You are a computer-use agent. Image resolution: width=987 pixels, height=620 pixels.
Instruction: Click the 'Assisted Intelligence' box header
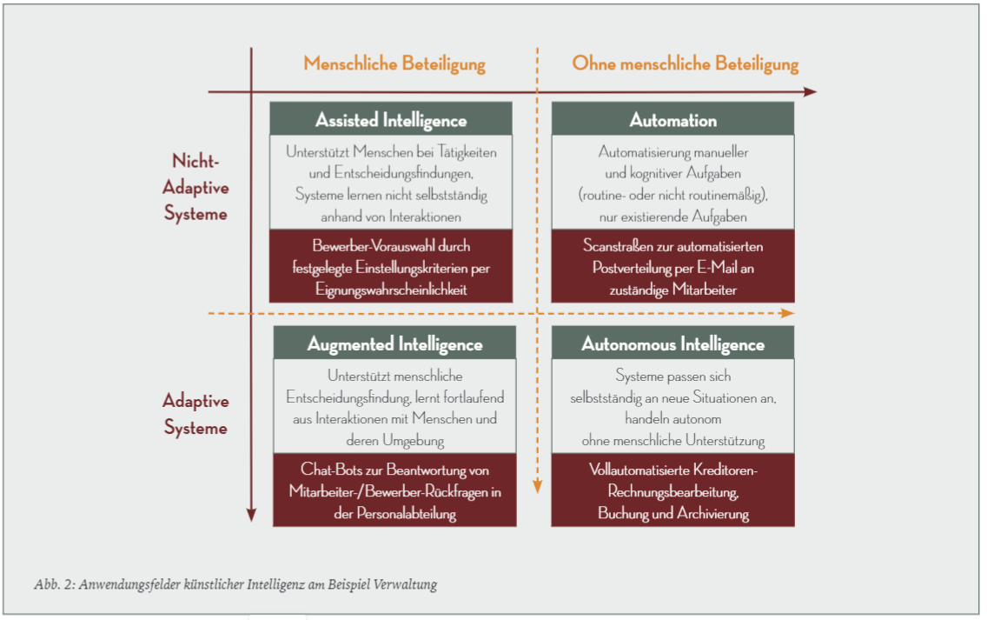[391, 119]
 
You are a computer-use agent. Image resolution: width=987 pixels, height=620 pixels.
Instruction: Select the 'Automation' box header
[672, 119]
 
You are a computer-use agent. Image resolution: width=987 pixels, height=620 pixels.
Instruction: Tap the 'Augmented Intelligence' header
[394, 343]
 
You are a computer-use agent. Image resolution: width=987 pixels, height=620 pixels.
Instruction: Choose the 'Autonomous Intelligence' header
[672, 343]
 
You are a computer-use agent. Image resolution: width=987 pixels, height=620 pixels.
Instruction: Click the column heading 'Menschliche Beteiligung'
[394, 63]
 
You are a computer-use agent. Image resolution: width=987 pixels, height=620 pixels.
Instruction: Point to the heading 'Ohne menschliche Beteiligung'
[685, 63]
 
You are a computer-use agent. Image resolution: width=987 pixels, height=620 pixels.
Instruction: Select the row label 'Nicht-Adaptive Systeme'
[195, 187]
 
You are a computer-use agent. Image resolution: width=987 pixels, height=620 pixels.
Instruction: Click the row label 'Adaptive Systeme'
[195, 414]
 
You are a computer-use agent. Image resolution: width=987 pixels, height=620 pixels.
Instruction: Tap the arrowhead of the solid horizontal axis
[811, 92]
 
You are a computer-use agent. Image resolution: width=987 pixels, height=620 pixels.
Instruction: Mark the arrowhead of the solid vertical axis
[251, 516]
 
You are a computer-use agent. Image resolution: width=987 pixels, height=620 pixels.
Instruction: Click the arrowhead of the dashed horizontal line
[787, 313]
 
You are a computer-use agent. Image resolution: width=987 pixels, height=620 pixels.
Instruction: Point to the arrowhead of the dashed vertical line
[538, 486]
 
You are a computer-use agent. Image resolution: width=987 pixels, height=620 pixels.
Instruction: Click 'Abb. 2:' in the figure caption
[55, 584]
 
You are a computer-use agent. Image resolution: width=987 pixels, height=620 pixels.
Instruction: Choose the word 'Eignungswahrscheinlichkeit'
[391, 290]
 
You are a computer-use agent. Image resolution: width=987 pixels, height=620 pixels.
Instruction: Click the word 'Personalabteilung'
[407, 514]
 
